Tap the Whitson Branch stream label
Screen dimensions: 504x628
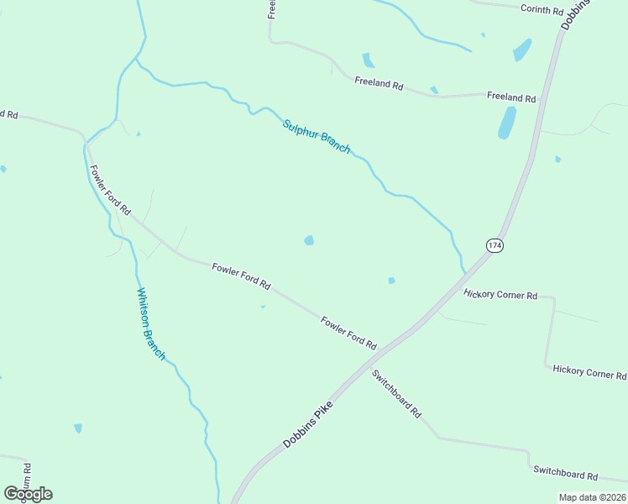tap(151, 323)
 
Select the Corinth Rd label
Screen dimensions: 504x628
tap(542, 10)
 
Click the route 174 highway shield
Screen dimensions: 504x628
tap(495, 245)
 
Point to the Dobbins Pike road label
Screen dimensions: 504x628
tap(307, 423)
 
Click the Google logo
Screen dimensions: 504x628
tap(28, 494)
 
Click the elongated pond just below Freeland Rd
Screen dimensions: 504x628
tap(507, 123)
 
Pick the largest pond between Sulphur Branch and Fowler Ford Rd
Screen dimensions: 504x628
tap(309, 241)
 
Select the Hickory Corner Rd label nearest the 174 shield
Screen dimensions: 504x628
tap(500, 295)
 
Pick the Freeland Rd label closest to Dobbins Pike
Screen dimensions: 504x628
tap(510, 97)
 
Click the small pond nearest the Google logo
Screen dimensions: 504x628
tap(78, 428)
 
